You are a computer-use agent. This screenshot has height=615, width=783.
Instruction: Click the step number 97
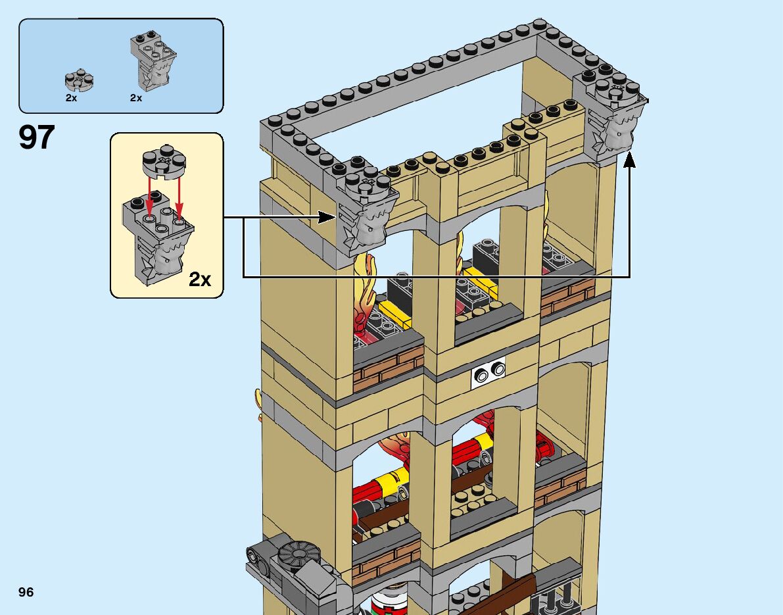[x=36, y=137]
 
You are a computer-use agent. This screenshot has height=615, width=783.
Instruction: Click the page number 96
[x=26, y=592]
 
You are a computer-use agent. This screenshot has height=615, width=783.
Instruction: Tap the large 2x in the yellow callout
[x=200, y=279]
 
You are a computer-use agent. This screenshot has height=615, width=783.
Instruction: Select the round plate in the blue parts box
[x=79, y=80]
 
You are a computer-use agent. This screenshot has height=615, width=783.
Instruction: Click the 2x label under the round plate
[x=71, y=97]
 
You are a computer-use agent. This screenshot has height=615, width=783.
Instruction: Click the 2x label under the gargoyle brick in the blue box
[x=136, y=97]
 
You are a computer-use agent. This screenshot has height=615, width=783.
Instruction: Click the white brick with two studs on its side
[x=488, y=374]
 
